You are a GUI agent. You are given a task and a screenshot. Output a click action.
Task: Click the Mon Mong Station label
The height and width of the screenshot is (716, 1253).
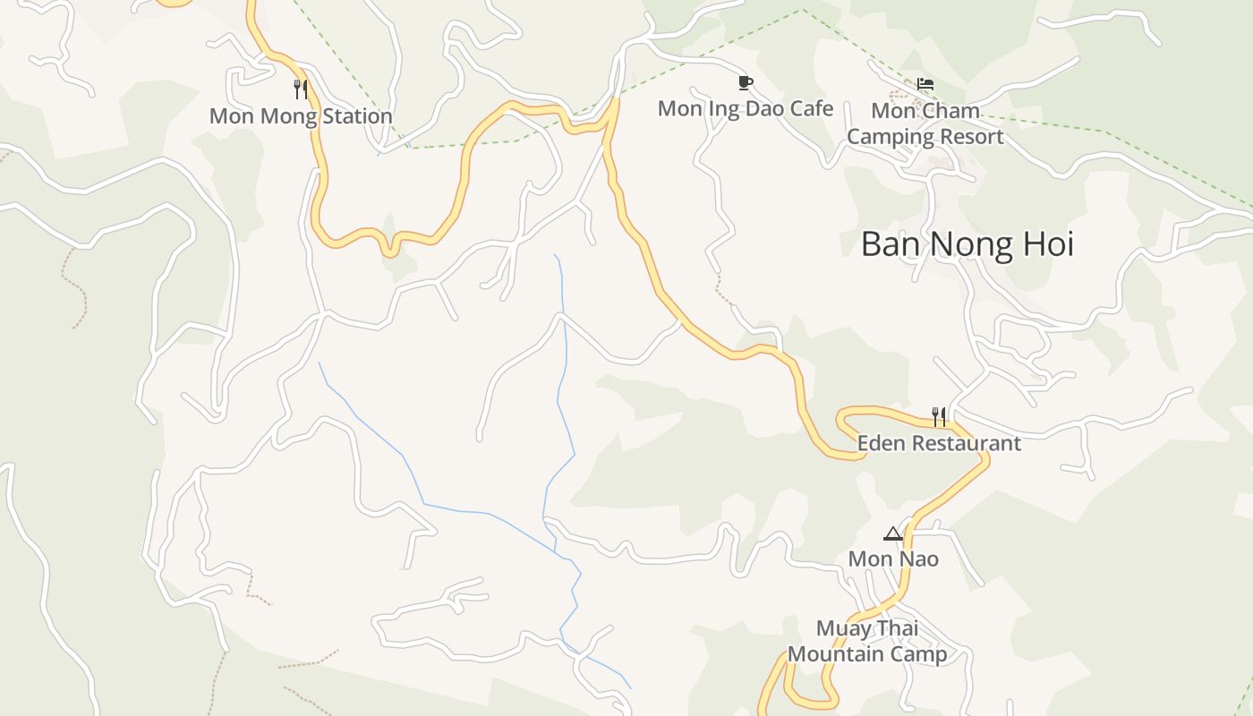coord(301,116)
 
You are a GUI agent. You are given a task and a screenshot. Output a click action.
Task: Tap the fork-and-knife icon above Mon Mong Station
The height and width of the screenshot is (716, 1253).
coord(301,89)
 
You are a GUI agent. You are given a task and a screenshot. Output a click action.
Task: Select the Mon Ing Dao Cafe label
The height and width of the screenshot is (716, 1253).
coord(745,109)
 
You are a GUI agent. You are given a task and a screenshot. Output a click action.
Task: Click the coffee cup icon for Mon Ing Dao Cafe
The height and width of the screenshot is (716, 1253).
coord(745,83)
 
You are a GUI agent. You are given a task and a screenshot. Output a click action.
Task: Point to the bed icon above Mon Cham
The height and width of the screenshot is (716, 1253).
coord(925,85)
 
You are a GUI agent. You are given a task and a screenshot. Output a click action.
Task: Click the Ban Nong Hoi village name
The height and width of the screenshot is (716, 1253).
coord(967,244)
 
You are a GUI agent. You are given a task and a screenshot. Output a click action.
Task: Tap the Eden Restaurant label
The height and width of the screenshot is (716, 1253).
coord(938,443)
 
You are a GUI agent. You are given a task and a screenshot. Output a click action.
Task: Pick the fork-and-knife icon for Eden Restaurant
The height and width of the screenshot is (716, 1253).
coord(938,416)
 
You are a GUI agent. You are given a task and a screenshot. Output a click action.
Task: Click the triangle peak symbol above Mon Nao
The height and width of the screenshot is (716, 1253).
coord(892,534)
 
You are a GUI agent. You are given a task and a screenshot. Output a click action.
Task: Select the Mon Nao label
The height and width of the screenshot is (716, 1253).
coord(893,559)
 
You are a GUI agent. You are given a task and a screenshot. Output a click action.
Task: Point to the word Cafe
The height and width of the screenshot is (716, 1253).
coord(813,109)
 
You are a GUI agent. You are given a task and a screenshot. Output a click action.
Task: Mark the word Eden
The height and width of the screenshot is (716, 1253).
coord(878,443)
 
